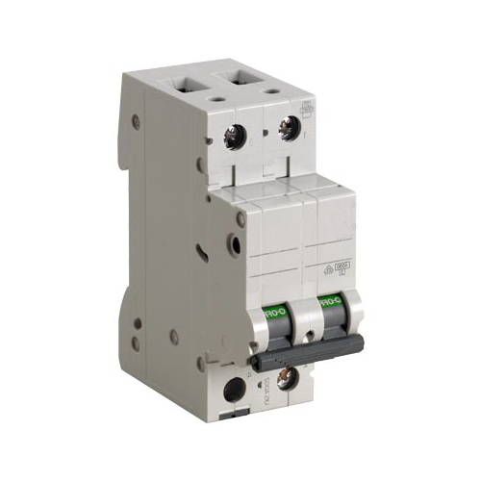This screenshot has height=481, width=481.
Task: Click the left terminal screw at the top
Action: coord(234,138)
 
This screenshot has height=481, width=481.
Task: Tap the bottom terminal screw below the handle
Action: coord(285,378)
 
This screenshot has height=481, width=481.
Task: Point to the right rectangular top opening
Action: coord(240,71)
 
